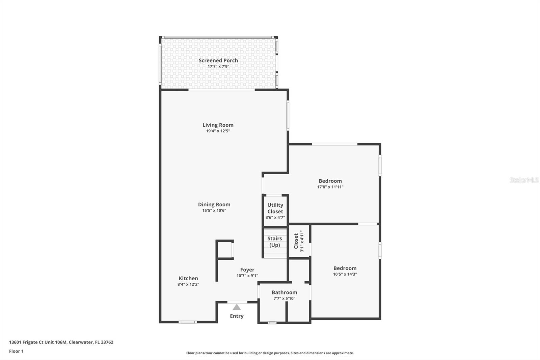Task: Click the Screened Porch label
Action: (218, 60)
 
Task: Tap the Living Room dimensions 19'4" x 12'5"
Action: (218, 131)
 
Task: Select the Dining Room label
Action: (214, 204)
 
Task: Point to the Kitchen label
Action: (188, 278)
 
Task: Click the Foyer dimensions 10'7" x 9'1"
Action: (247, 276)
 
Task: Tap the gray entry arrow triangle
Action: (237, 307)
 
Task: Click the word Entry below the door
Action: (237, 316)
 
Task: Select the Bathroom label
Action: (284, 292)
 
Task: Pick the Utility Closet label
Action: (275, 208)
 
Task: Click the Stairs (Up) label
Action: (275, 241)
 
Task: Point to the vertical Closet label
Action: (296, 241)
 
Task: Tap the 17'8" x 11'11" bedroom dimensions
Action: (330, 187)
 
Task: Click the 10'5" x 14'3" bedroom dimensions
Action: (345, 274)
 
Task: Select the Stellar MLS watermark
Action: (524, 180)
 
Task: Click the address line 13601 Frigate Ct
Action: (61, 342)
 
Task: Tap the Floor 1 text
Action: (16, 351)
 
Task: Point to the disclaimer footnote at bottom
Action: (270, 353)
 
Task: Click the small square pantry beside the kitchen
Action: (224, 250)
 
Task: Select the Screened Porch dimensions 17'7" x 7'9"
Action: (218, 67)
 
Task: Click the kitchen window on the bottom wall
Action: (187, 322)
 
